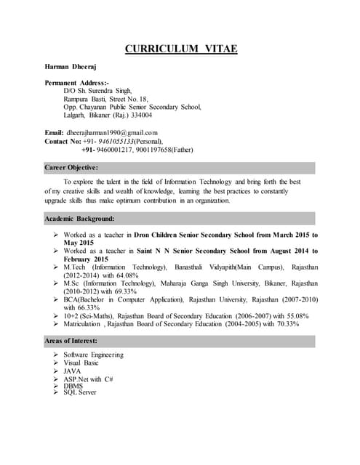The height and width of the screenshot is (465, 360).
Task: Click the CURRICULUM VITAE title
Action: [x=181, y=49]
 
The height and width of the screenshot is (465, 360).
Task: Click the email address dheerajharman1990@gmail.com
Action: [x=113, y=132]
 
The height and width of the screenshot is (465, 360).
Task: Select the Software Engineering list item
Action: [x=94, y=355]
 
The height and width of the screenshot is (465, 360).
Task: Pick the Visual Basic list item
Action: [x=82, y=363]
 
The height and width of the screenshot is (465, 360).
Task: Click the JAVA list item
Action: [x=73, y=371]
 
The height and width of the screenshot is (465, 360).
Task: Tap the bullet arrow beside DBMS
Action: [x=56, y=386]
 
